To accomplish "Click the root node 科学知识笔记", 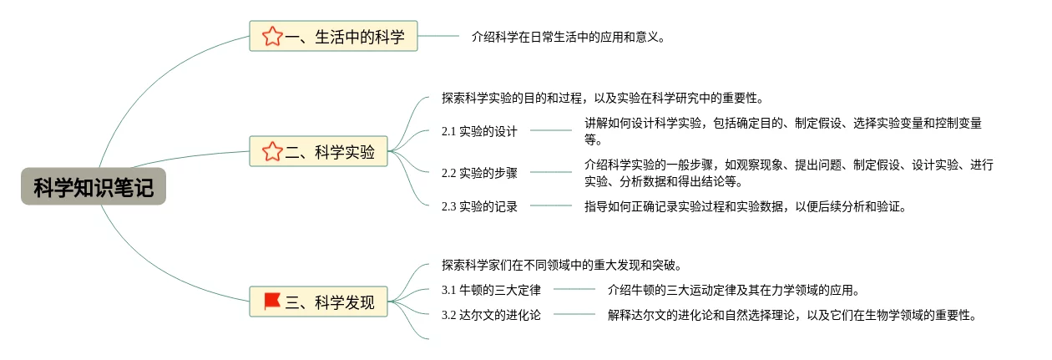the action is click(94, 187).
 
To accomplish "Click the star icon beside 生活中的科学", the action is click(271, 36).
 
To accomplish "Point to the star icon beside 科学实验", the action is click(271, 151).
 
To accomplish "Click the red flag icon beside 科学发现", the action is click(272, 301).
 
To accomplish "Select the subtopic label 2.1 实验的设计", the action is click(479, 131).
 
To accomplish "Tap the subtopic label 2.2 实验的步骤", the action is click(479, 173).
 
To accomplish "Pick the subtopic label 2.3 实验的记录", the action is click(479, 206).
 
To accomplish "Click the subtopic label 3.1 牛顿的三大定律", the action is click(491, 290).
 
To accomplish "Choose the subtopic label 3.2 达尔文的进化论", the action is click(491, 315).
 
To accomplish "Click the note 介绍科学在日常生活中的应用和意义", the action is click(568, 36).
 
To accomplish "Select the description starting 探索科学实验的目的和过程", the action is click(602, 98).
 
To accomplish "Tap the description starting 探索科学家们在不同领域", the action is click(562, 265).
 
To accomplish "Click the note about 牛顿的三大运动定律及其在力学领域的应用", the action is click(733, 290).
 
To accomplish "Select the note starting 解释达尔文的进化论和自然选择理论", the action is click(792, 315).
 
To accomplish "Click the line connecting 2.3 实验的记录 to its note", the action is click(551, 205).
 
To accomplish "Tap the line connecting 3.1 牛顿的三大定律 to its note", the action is click(574, 289).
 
